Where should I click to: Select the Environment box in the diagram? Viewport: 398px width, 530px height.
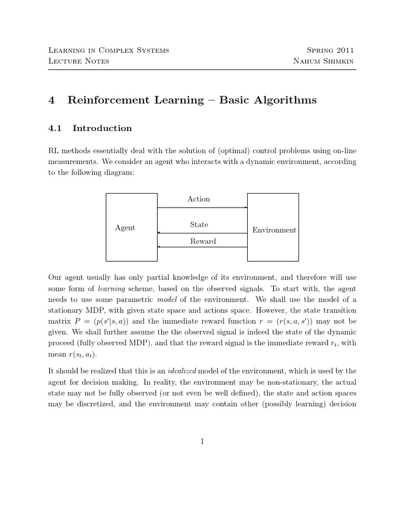coord(273,227)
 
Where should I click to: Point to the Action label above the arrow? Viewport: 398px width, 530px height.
coord(198,199)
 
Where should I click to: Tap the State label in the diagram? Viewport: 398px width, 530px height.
coord(199,225)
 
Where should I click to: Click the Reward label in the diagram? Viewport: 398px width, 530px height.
coord(203,241)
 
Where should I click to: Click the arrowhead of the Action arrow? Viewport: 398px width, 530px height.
coord(246,208)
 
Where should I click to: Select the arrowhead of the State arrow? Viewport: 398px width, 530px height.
coord(159,233)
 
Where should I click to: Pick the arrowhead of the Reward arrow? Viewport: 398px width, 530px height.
coord(159,247)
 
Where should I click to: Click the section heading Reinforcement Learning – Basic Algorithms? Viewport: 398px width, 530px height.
coord(192,100)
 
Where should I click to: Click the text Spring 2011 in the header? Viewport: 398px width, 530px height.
coord(330,51)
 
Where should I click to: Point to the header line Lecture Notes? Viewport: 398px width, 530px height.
coord(78,61)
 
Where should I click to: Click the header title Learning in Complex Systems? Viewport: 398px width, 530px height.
coord(108,51)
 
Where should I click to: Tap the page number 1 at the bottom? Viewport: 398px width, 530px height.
coord(202,441)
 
